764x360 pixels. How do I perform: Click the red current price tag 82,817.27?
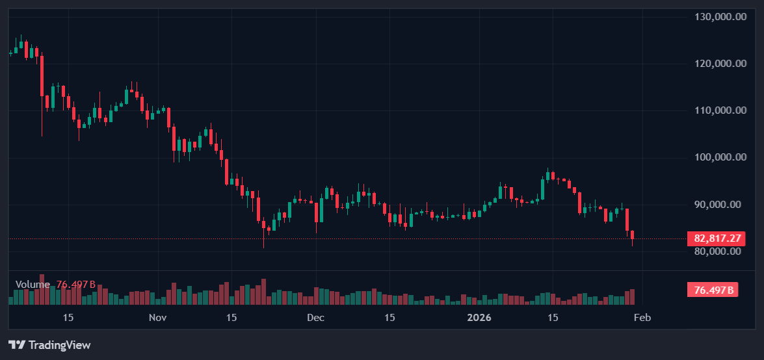(713, 238)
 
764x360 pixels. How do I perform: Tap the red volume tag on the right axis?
(713, 290)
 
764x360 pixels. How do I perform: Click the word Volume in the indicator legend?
(33, 285)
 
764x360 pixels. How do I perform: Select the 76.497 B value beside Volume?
(76, 285)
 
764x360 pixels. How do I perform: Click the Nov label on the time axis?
(158, 318)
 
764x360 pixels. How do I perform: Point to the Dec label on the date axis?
(315, 318)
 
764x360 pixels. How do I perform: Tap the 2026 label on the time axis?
(479, 318)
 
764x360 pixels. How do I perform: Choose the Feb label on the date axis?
(642, 318)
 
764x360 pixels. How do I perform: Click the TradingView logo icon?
(17, 345)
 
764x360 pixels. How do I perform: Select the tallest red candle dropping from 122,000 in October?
(42, 76)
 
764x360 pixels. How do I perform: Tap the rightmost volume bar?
(632, 297)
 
